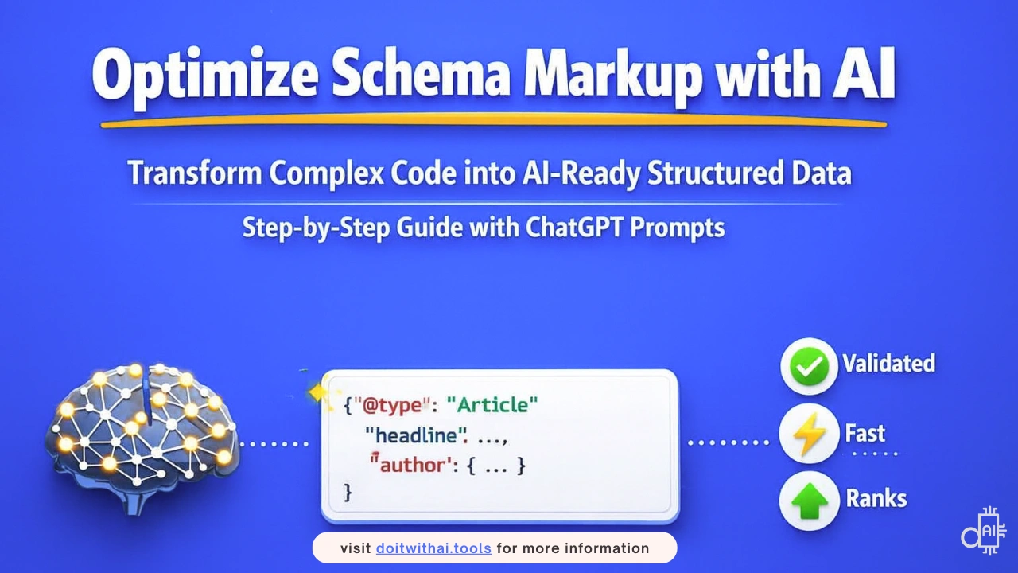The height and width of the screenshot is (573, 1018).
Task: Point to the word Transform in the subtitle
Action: pyautogui.click(x=195, y=173)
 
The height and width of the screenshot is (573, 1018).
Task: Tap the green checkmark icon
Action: pyautogui.click(x=809, y=366)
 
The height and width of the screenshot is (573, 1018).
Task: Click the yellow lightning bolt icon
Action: pyautogui.click(x=809, y=434)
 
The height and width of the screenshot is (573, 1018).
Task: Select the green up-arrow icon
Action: pyautogui.click(x=810, y=501)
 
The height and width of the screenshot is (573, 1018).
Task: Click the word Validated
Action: pyautogui.click(x=889, y=364)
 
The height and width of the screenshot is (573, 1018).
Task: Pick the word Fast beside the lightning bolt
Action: pyautogui.click(x=865, y=433)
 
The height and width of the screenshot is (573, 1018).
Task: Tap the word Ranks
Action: pyautogui.click(x=876, y=498)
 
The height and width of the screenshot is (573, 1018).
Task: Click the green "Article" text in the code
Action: pyautogui.click(x=492, y=404)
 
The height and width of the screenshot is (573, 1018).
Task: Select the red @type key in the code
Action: pyautogui.click(x=392, y=405)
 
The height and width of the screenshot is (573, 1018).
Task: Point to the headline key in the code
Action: pyautogui.click(x=416, y=435)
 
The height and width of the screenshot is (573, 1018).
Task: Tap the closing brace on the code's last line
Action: pyautogui.click(x=348, y=493)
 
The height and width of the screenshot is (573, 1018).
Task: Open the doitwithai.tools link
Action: pyautogui.click(x=433, y=548)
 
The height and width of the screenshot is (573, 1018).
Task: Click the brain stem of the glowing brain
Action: pyautogui.click(x=134, y=501)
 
